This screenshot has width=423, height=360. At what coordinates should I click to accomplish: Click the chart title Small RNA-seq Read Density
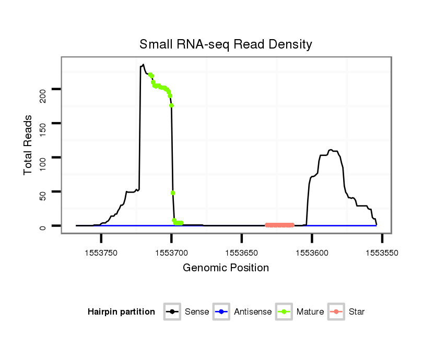226,44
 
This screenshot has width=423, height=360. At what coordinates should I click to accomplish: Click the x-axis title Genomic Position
226,268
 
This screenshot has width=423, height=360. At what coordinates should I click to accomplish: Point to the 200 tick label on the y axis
43,95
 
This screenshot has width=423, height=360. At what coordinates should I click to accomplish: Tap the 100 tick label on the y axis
43,158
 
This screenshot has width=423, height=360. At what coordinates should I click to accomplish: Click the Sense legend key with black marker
172,312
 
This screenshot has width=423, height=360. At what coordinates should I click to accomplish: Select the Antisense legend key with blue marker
221,312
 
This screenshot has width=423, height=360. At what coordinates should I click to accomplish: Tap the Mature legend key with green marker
284,312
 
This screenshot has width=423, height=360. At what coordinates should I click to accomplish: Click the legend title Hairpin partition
121,312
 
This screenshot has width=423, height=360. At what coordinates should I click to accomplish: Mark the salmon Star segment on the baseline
279,225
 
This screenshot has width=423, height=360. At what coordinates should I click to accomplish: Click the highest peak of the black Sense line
143,65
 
